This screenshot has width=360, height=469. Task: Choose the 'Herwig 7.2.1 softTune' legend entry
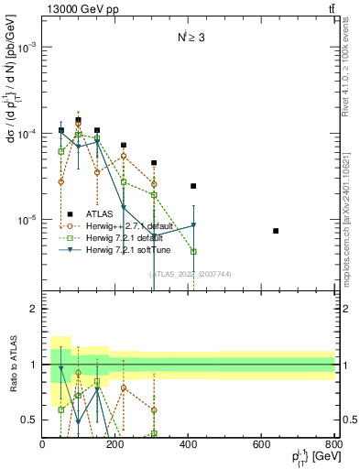(x=121, y=249)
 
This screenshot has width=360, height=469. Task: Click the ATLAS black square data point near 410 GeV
(x=193, y=186)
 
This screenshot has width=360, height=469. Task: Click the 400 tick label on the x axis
(x=189, y=445)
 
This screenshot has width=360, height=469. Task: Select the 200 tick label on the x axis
(x=115, y=445)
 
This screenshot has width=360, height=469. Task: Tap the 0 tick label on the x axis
(x=43, y=445)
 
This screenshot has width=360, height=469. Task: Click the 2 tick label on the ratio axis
(x=32, y=310)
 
